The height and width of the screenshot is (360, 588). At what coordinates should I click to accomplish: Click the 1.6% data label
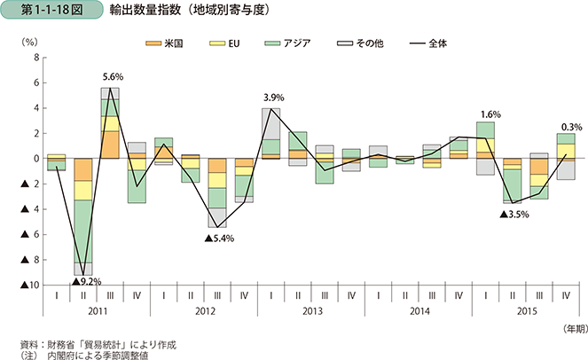point(490,114)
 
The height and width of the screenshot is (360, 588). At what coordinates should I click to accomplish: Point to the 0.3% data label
point(571,125)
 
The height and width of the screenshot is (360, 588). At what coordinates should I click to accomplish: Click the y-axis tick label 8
point(35,58)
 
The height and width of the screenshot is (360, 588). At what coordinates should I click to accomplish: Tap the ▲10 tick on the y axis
point(28,286)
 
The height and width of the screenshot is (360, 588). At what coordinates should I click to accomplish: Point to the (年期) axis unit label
point(571,329)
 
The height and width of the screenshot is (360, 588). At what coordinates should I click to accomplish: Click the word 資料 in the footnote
point(28,342)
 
